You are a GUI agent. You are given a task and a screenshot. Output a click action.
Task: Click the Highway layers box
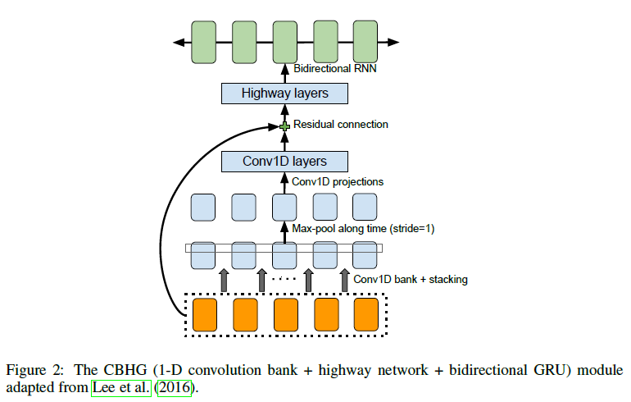pyautogui.click(x=284, y=94)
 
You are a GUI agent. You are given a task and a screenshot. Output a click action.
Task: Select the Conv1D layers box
pyautogui.click(x=284, y=161)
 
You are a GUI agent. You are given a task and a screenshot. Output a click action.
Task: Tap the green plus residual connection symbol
pyautogui.click(x=285, y=126)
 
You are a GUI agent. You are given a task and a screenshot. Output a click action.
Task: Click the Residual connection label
pyautogui.click(x=340, y=125)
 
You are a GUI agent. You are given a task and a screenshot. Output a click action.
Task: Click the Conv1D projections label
pyautogui.click(x=338, y=181)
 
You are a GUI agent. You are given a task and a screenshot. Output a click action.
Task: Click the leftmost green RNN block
pyautogui.click(x=203, y=41)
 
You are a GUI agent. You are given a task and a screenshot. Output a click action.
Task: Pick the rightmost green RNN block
pyautogui.click(x=365, y=41)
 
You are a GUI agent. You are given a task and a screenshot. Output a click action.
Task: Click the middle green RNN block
pyautogui.click(x=284, y=41)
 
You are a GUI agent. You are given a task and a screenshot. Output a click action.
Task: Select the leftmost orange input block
pyautogui.click(x=204, y=315)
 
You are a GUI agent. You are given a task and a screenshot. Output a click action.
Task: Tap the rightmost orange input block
pyautogui.click(x=365, y=315)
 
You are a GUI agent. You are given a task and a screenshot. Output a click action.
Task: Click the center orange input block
pyautogui.click(x=285, y=315)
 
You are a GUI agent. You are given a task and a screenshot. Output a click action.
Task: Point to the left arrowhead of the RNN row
pyautogui.click(x=174, y=41)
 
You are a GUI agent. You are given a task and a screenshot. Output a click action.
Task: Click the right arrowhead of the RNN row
pyautogui.click(x=394, y=41)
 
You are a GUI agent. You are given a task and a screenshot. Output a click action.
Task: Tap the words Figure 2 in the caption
pyautogui.click(x=32, y=370)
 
